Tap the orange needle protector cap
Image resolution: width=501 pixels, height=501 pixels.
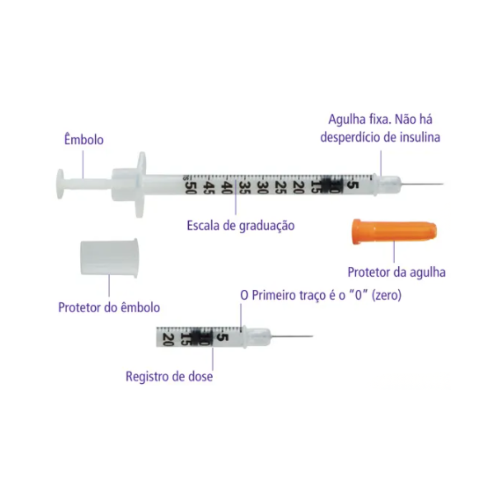click(x=394, y=232)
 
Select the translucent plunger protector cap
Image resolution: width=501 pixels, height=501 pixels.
click(x=109, y=258)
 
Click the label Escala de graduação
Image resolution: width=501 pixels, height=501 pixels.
click(x=241, y=226)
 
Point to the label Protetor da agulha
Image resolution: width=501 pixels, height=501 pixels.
click(x=397, y=272)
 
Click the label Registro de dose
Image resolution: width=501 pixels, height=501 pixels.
click(x=169, y=376)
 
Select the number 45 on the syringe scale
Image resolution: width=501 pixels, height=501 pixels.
click(x=209, y=187)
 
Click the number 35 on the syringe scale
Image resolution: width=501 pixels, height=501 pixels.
click(x=245, y=187)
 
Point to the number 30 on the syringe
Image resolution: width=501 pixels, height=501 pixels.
click(x=263, y=187)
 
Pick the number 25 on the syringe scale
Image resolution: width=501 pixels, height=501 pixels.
click(x=281, y=187)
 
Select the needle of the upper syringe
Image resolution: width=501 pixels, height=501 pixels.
click(x=422, y=185)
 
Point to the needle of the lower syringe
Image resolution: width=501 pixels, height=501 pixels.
click(x=292, y=336)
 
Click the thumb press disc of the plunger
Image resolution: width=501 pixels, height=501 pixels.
click(x=60, y=184)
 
